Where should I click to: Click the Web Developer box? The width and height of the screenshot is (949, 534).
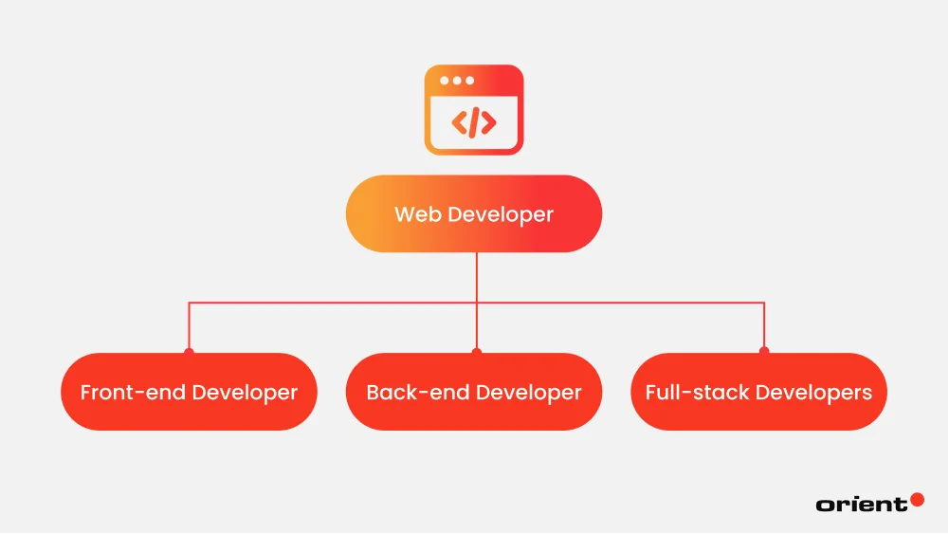(474, 213)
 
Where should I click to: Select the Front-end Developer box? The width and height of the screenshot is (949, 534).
(189, 392)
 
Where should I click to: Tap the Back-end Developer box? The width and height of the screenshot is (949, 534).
(474, 392)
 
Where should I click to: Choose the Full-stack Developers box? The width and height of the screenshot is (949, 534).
(758, 392)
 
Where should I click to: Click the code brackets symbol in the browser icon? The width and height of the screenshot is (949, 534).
(473, 122)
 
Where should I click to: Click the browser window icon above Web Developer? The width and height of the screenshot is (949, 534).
(473, 109)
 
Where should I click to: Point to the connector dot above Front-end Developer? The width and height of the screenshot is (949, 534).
(189, 352)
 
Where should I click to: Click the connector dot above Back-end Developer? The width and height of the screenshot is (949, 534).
(476, 352)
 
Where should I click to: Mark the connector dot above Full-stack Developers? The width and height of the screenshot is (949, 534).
(764, 352)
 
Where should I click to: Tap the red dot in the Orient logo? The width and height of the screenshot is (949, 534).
(916, 499)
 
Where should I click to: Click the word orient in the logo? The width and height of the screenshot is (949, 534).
(861, 505)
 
